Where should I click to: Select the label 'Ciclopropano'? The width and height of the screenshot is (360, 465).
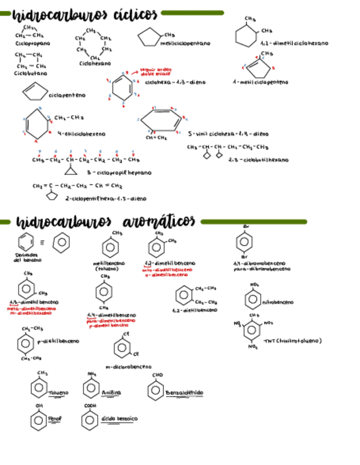(x=32, y=43)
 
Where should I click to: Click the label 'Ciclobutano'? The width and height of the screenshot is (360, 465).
(x=30, y=73)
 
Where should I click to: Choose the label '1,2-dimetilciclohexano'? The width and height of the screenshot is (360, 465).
(x=295, y=43)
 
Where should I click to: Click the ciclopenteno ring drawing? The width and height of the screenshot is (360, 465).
(x=34, y=92)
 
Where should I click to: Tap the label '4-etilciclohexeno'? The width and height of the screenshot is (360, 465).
(x=81, y=133)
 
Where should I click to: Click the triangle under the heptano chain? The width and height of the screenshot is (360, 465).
(x=70, y=171)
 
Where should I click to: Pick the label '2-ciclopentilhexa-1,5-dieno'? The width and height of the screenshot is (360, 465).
(x=105, y=199)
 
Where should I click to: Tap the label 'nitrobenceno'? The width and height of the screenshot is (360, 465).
(x=278, y=302)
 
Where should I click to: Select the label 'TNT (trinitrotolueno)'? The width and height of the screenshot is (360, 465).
(x=292, y=341)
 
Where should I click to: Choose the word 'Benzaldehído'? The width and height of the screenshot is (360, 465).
(x=184, y=393)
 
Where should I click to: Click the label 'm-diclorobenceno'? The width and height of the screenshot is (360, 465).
(x=128, y=367)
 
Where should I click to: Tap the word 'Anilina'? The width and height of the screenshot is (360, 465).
(x=111, y=393)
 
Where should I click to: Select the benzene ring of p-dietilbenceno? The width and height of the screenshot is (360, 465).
(x=25, y=343)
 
